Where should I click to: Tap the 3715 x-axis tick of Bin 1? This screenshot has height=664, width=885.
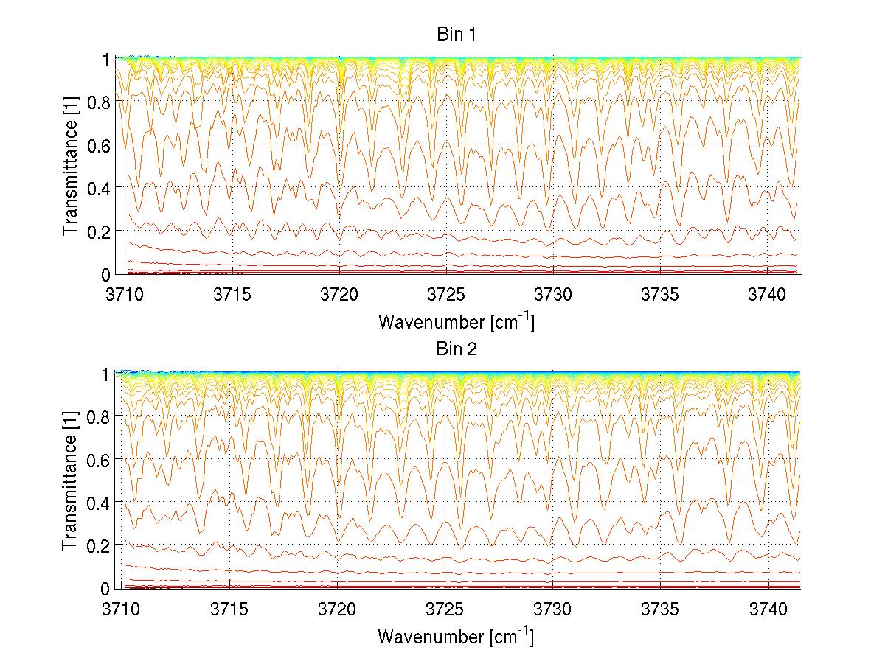tap(232, 293)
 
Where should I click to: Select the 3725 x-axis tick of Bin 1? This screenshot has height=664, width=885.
tap(446, 293)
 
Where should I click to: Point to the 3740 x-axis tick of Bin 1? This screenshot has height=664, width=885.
tap(768, 293)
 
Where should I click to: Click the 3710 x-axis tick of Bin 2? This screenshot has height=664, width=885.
tap(125, 608)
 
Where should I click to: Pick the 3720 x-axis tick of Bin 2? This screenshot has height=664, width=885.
tap(339, 608)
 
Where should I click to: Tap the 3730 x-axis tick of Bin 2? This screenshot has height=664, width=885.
tap(553, 608)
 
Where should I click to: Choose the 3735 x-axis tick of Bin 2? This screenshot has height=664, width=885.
tap(661, 608)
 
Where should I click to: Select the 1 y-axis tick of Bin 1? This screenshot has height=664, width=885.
tap(107, 59)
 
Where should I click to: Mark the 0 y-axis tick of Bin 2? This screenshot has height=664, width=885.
tap(107, 588)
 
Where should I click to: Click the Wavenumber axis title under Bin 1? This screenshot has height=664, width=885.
tap(456, 321)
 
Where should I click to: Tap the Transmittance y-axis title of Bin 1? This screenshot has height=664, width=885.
tap(71, 166)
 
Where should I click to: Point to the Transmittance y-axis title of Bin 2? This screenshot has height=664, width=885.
tap(71, 480)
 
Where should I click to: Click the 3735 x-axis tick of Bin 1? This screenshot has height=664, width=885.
tap(661, 293)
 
